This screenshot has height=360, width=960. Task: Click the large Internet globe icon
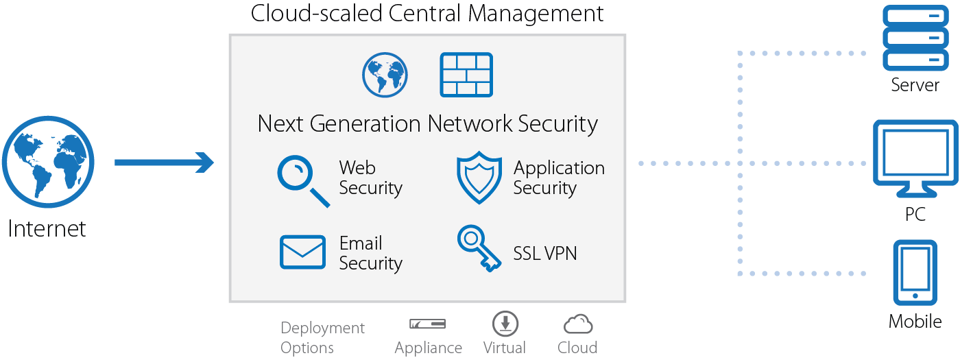point(48,163)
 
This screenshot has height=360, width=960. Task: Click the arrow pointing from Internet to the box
point(164,163)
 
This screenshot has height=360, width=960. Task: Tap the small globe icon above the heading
point(385,74)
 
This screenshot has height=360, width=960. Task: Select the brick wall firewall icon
point(466,74)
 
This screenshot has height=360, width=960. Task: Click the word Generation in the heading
point(365,124)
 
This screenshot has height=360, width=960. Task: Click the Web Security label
point(370,178)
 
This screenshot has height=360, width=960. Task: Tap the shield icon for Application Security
point(479,178)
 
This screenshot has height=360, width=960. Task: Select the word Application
point(559,168)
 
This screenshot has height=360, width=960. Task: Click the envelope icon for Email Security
point(302,252)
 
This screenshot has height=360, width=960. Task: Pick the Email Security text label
point(370,253)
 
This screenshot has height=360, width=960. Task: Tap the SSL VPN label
point(545,254)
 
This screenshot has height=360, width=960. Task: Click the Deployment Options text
point(322,337)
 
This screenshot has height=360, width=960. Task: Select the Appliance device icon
point(428,323)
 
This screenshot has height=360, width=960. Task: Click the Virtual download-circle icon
point(505,323)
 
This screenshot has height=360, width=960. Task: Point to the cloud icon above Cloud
point(577,324)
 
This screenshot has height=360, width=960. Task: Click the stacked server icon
point(915,37)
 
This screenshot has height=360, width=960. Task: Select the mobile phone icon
point(915,272)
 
